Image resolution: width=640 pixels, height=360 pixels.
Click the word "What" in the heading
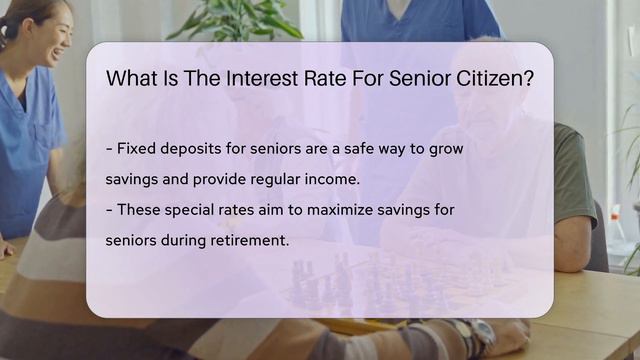(132, 79)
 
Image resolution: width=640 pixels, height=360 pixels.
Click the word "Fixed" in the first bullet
(137, 149)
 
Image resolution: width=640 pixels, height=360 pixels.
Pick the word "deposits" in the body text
(195, 149)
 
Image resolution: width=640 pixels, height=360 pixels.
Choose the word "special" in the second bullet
(190, 210)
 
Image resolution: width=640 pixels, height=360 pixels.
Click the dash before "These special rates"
(109, 210)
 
